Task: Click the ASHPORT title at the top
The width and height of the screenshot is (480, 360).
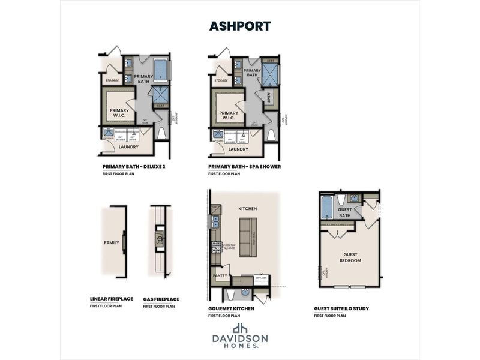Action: point(239,26)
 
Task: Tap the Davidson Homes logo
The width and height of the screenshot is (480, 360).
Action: point(240,336)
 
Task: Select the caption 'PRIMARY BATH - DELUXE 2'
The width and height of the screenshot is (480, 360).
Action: point(133,166)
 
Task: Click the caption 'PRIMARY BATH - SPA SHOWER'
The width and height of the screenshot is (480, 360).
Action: point(244,166)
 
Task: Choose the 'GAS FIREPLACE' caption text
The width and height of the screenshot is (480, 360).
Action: point(161,299)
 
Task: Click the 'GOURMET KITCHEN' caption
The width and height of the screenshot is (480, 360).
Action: point(231,308)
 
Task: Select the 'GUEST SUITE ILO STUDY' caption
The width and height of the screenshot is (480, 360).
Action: point(341,308)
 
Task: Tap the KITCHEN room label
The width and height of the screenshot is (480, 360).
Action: point(247,209)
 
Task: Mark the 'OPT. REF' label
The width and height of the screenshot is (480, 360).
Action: point(261,278)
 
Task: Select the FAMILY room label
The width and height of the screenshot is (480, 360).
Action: point(112,243)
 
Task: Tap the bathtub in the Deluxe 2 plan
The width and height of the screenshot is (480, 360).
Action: point(161,71)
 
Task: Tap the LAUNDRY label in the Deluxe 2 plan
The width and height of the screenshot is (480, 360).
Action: point(129,146)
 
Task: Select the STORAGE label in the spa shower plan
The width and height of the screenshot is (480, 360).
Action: point(221,80)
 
